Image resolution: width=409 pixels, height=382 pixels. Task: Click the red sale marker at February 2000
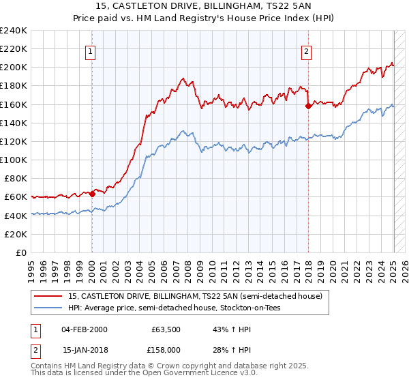click(x=92, y=194)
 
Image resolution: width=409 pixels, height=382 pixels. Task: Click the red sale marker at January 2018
click(x=308, y=106)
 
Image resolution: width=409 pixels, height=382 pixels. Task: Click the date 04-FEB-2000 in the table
click(x=84, y=329)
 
